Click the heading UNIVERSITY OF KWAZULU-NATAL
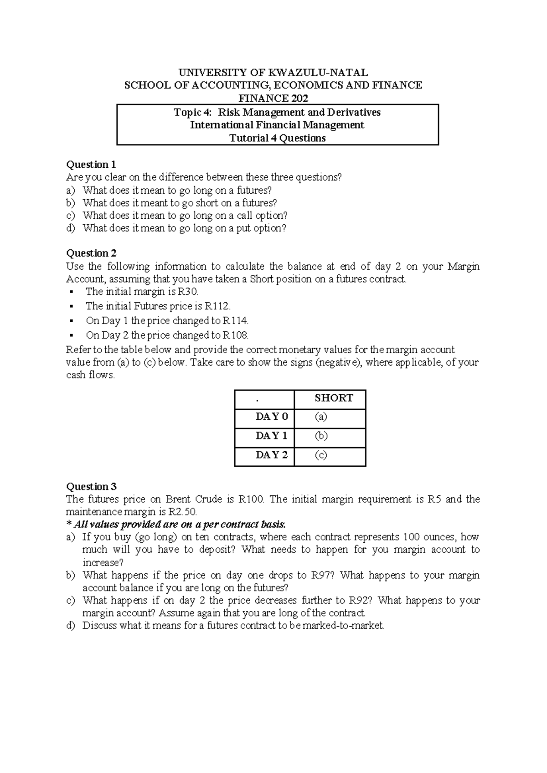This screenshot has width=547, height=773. (273, 72)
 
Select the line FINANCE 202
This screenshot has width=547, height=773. (273, 98)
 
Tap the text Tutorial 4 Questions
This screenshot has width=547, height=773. (277, 138)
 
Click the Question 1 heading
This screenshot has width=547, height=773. (91, 165)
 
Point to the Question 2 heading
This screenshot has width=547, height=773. (91, 253)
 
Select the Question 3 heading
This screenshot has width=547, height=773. (91, 486)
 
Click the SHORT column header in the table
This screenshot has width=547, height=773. (334, 398)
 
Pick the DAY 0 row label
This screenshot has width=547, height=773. (272, 417)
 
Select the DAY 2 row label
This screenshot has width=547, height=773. (272, 455)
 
